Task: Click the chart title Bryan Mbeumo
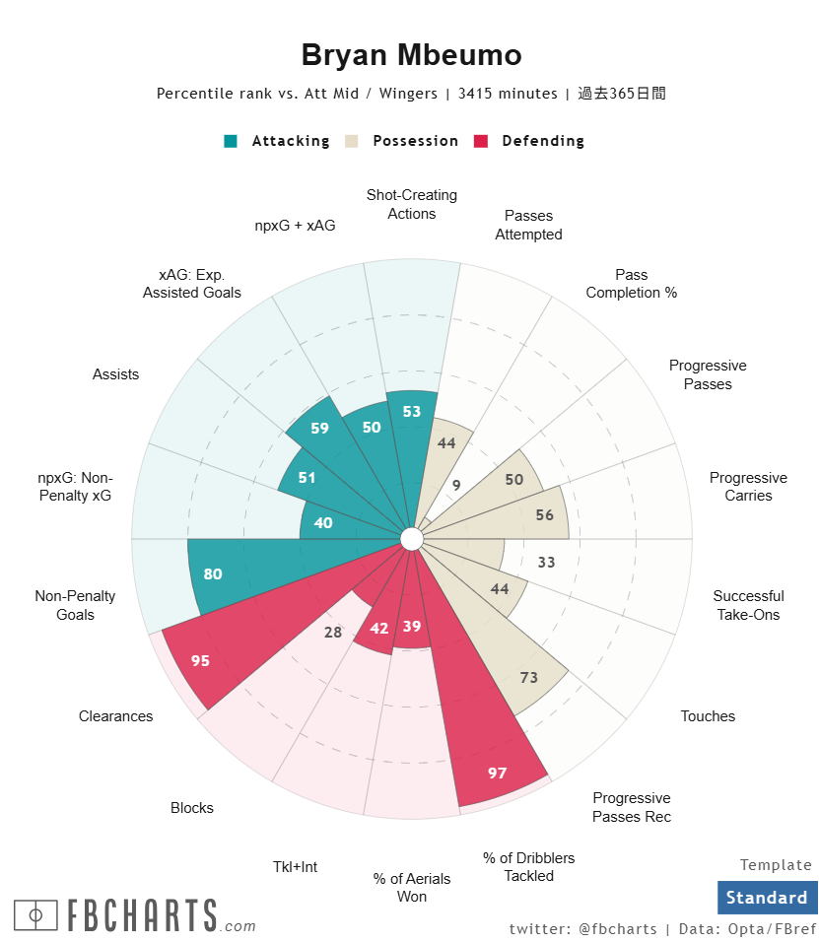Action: tap(411, 55)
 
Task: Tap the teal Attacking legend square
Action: tap(231, 141)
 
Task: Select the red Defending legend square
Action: tap(481, 141)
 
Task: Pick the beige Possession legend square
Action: tap(352, 141)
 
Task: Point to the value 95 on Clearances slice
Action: tap(200, 661)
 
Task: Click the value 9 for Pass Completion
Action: tap(456, 485)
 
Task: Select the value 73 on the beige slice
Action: tap(529, 677)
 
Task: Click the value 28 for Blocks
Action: tap(333, 632)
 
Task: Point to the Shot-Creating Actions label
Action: tap(412, 204)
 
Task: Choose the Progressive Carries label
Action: tap(748, 487)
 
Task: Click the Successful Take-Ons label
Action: tap(748, 605)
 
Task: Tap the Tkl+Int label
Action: tap(295, 867)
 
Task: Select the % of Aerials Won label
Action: tap(412, 887)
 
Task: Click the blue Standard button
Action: tap(767, 898)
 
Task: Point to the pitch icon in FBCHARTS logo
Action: tap(36, 915)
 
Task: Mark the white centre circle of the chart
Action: tap(412, 538)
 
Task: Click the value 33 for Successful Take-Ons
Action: tap(546, 563)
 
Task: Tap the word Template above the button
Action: tap(776, 865)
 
